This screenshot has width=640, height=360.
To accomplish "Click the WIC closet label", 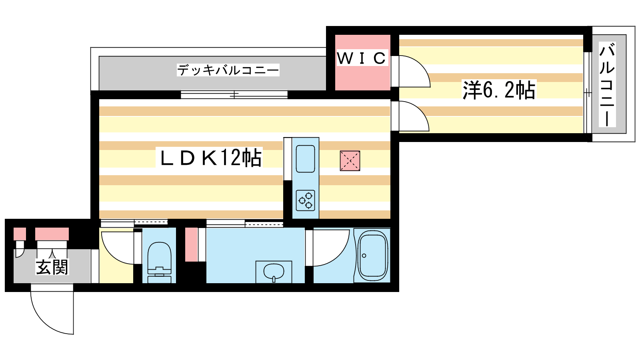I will [362, 58].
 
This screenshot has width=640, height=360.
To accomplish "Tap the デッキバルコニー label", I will [228, 70].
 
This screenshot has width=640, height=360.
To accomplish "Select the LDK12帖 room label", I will [211, 158].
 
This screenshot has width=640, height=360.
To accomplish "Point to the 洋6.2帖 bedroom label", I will [499, 90].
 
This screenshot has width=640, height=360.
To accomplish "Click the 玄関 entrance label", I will [52, 267].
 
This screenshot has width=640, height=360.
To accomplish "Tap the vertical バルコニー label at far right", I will [607, 85].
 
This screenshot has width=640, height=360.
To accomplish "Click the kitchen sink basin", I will [305, 159].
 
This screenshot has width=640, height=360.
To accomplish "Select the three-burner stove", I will [305, 200].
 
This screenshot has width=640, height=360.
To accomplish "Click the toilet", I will [159, 262].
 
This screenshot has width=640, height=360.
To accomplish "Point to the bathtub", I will [372, 256].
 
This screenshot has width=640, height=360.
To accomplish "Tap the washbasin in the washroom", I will [274, 272].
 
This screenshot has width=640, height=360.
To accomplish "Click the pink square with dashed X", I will [350, 161].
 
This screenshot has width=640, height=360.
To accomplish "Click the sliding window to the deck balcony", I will [234, 95].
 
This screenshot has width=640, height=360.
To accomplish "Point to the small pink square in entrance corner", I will [20, 234].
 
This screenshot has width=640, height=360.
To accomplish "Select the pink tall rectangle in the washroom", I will [192, 244].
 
